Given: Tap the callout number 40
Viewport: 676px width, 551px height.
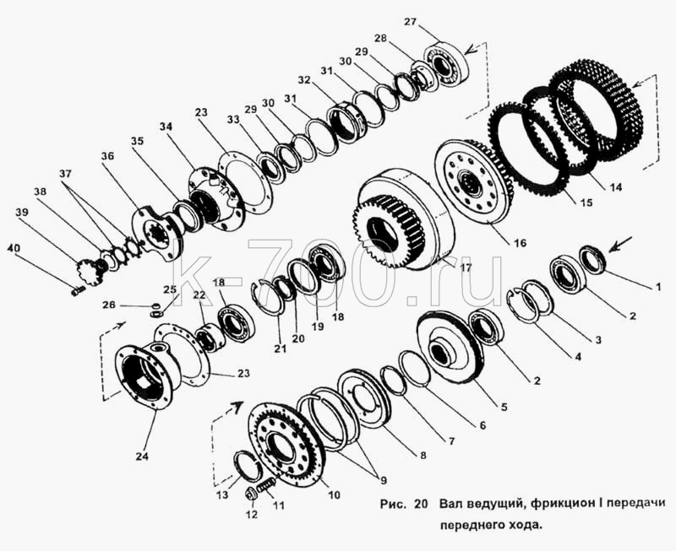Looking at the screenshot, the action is [x=13, y=248].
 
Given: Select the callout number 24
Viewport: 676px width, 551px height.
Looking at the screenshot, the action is [x=142, y=456].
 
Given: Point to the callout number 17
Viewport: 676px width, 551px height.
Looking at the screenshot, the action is [x=466, y=267].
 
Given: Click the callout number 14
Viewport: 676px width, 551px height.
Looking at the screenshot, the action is [x=616, y=186].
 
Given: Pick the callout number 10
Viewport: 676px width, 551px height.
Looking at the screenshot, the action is [x=334, y=494].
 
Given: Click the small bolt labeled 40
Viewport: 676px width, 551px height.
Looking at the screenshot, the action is [x=77, y=291].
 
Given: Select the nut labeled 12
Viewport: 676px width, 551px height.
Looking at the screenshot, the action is [x=251, y=494].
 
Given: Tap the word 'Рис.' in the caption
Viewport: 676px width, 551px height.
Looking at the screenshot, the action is [x=393, y=504].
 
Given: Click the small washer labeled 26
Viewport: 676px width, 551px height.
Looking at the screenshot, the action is [x=155, y=306].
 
